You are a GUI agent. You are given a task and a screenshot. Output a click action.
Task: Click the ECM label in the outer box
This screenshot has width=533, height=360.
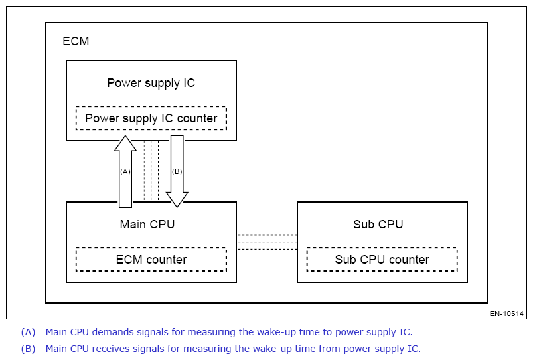tap(76, 41)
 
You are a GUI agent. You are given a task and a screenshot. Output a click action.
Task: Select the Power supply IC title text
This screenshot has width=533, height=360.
tap(151, 84)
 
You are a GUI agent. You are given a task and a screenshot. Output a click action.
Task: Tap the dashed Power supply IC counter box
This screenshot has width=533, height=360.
tap(151, 118)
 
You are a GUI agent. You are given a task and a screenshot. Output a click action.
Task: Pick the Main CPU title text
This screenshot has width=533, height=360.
tap(147, 225)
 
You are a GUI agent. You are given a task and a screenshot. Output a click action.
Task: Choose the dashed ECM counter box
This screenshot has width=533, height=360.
tap(151, 260)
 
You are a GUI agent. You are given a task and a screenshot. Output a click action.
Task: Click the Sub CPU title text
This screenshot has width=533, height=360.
tap(378, 225)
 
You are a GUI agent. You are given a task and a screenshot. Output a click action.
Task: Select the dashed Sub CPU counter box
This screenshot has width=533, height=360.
tap(382, 260)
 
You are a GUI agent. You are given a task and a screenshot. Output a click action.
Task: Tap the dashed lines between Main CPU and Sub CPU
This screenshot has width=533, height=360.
tap(267, 242)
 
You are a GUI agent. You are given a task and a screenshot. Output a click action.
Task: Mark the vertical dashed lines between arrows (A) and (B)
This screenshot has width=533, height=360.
tap(151, 171)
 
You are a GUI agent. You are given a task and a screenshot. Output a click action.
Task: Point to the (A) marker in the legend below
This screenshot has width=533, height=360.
tap(28, 332)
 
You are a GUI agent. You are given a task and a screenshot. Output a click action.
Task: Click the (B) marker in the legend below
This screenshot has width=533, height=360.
tap(28, 349)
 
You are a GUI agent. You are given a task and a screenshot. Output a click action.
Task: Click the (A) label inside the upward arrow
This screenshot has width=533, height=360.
tap(125, 171)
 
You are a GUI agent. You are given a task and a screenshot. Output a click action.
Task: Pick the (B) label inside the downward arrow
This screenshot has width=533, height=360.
tap(177, 171)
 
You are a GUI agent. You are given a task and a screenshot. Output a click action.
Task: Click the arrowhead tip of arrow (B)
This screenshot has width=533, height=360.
tap(177, 206)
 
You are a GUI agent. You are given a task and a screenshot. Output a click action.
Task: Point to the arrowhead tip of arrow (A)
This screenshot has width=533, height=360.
tap(125, 137)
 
